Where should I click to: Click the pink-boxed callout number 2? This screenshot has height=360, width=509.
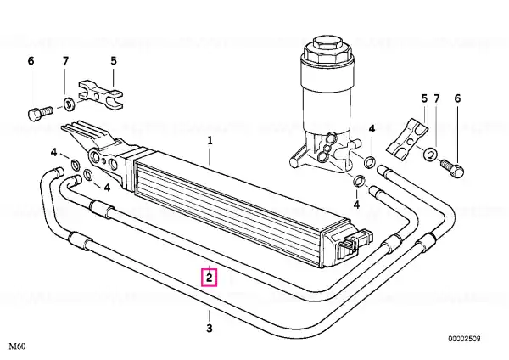coord(210,278)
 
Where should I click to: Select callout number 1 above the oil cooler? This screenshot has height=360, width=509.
coord(210,141)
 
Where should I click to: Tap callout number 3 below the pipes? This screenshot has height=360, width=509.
coord(210,328)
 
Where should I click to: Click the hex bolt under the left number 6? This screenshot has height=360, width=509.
coord(39,113)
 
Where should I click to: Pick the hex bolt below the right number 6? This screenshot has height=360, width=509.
coord(452,167)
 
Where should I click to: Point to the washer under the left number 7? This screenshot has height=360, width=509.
coord(69,104)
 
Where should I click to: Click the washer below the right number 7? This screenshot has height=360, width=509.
coord(430,154)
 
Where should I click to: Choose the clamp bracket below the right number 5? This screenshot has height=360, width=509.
coord(407,139)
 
